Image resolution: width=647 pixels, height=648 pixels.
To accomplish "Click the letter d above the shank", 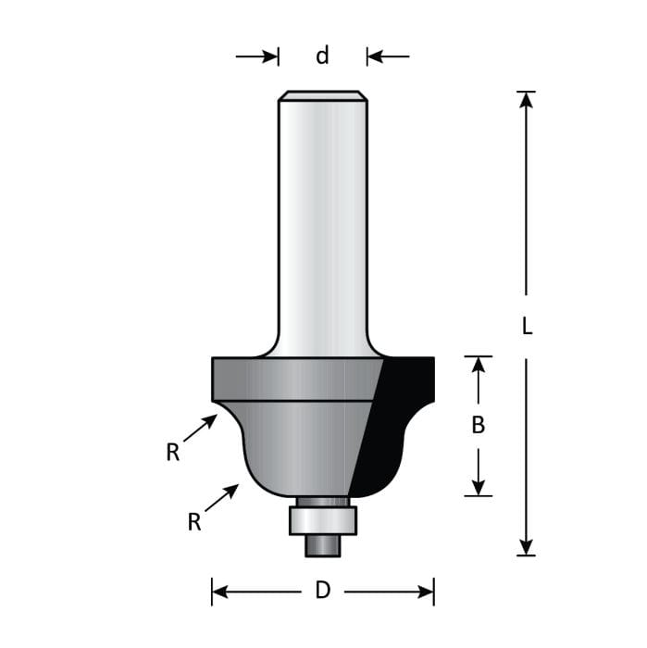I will [x=322, y=56].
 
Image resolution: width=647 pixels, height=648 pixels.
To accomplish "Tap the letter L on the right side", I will [x=527, y=327].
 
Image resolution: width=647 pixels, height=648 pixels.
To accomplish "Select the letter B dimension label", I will [x=479, y=426].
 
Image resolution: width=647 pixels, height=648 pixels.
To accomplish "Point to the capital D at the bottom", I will [x=322, y=591].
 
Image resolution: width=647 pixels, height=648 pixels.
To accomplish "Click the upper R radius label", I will [x=172, y=453].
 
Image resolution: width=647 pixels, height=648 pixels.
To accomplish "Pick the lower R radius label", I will [x=194, y=523].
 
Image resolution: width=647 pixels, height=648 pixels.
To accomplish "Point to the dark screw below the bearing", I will [x=322, y=545].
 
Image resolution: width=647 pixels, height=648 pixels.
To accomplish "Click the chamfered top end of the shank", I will [x=322, y=95].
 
